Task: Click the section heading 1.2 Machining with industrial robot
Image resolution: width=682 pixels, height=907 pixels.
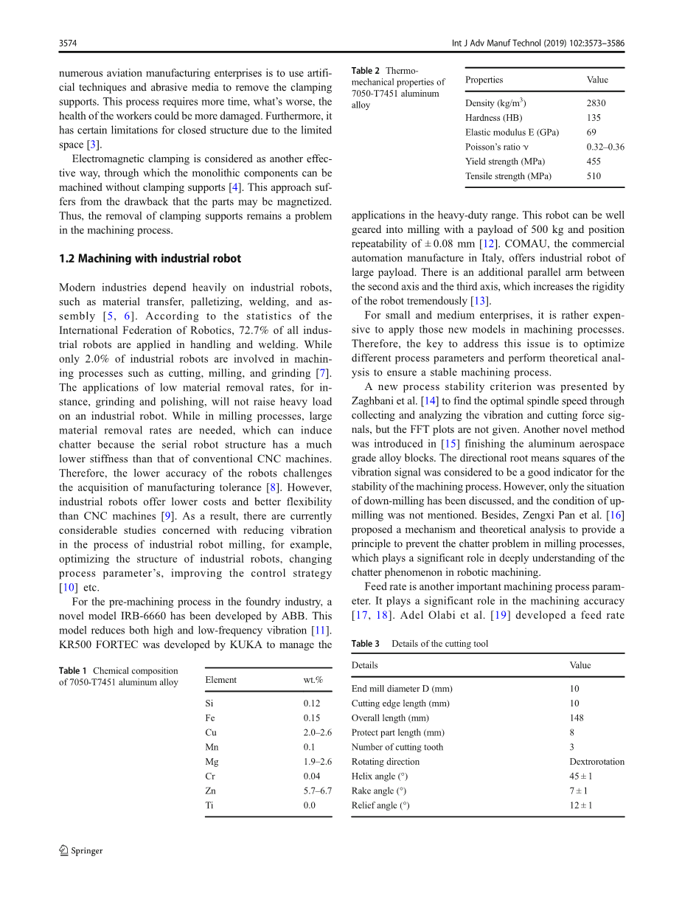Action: pos(150,259)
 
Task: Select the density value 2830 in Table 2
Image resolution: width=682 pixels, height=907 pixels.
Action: pos(596,103)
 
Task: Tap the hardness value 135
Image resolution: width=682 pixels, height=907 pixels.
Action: pos(594,118)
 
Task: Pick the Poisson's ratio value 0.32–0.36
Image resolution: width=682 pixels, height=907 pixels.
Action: pos(605,147)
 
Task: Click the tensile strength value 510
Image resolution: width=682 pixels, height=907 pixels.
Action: pos(594,176)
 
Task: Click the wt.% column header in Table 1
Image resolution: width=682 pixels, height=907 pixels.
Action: pos(313,680)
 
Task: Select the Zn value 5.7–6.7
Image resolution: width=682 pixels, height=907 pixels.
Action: pos(318,790)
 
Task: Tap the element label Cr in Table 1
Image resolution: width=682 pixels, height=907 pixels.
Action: pos(210,776)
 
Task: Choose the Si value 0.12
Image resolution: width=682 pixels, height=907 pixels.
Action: pos(312,703)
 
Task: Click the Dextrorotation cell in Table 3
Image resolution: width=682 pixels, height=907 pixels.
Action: pos(596,762)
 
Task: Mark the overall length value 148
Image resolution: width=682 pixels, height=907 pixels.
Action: pos(576,717)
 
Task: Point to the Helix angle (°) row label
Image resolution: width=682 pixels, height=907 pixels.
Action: pos(380,776)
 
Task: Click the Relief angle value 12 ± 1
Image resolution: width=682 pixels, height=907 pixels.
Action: pos(580,805)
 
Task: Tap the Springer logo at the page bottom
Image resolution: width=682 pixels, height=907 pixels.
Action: pos(81,851)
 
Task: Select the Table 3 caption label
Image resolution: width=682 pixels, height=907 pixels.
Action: pos(366,644)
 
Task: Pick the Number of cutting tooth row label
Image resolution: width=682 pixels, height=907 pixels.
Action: pos(397,747)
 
